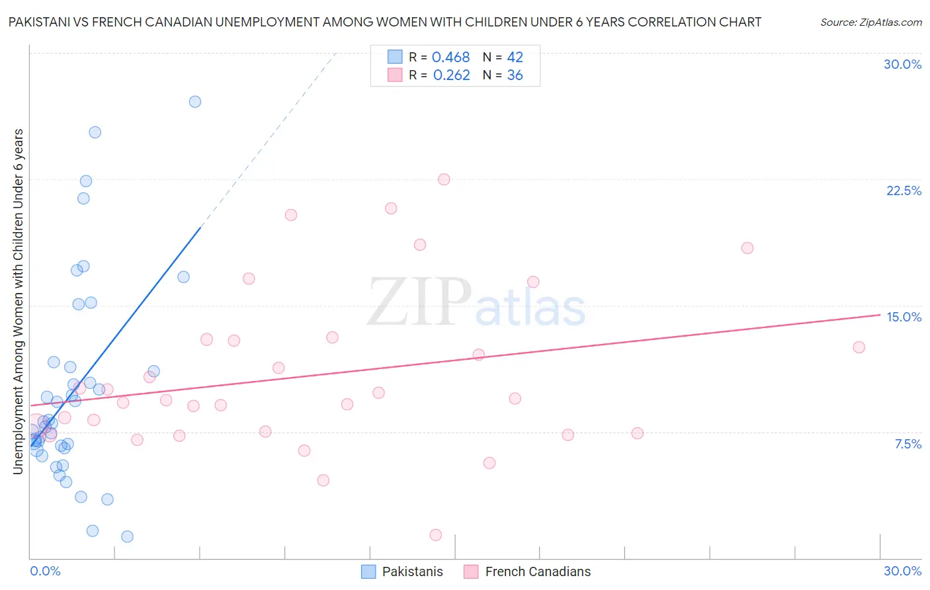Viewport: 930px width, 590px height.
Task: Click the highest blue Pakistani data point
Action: click(x=195, y=102)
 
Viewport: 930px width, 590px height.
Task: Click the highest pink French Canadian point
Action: click(x=444, y=180)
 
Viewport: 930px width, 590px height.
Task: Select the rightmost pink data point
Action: click(x=859, y=347)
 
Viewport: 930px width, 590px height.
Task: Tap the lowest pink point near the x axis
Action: click(x=435, y=535)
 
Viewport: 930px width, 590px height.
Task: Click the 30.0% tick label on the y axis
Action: click(x=902, y=65)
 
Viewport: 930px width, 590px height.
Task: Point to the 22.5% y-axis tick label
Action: click(x=904, y=191)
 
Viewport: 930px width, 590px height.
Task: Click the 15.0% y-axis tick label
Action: click(x=904, y=317)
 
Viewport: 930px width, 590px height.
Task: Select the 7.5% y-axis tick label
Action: click(x=908, y=444)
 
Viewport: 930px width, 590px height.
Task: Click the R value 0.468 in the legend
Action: click(x=450, y=58)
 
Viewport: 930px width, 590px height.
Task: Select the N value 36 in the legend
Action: click(x=515, y=75)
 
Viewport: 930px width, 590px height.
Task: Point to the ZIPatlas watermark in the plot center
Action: click(x=476, y=303)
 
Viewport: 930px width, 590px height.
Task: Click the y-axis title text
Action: click(x=19, y=302)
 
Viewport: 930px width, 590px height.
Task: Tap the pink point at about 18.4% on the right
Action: click(x=747, y=248)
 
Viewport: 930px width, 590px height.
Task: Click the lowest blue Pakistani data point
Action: click(x=127, y=536)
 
